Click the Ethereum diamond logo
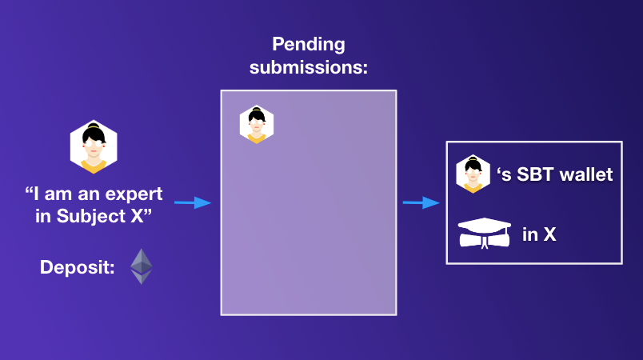142,266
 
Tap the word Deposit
76,267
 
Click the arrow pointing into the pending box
192,203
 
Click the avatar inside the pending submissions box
257,125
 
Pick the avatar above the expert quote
94,147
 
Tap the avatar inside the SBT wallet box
473,174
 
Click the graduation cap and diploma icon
484,232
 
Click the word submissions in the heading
308,67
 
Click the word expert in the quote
137,194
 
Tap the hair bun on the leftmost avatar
94,127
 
